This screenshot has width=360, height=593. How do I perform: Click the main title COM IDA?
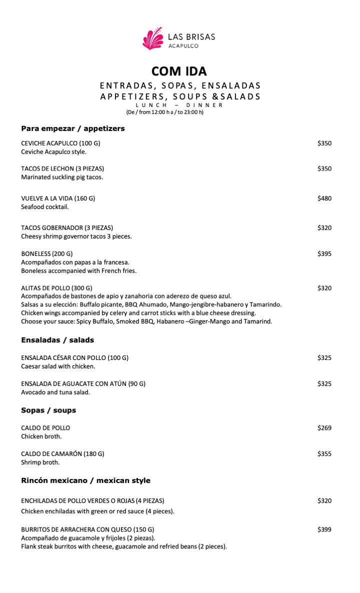(x=179, y=71)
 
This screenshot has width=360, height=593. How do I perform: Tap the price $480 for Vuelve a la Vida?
(x=324, y=198)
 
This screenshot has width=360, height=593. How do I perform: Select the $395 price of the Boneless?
(x=324, y=254)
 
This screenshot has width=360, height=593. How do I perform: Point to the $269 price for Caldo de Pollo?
(x=324, y=428)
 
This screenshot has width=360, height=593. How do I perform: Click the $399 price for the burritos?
(x=324, y=529)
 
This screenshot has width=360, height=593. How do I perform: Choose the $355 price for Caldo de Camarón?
(x=324, y=454)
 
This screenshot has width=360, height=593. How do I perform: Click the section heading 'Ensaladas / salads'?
(x=57, y=340)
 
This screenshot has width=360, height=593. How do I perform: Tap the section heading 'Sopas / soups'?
(x=48, y=410)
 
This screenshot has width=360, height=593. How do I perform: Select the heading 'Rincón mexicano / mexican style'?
(x=85, y=480)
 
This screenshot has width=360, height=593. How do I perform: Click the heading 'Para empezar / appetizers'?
(x=73, y=128)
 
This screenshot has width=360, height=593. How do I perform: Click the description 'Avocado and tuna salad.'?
(x=55, y=392)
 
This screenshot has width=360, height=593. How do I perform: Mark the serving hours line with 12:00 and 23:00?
(x=164, y=112)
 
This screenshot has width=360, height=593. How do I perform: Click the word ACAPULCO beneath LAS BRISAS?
(x=183, y=45)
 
